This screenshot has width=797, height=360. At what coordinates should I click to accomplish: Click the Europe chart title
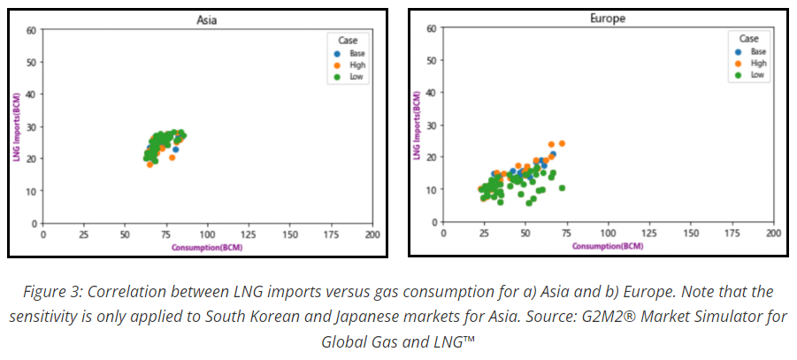(x=606, y=18)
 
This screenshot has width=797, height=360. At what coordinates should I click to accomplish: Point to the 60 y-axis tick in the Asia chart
(x=33, y=30)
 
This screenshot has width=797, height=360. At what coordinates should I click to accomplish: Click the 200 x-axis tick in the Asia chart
(x=372, y=234)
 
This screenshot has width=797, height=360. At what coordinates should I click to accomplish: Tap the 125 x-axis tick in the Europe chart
(x=648, y=233)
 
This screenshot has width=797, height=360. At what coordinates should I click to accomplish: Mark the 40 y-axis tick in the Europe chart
(x=432, y=93)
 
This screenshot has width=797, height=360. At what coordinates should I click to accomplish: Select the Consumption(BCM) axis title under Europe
(x=608, y=245)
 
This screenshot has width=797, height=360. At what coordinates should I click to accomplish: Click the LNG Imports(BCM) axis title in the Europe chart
(x=416, y=126)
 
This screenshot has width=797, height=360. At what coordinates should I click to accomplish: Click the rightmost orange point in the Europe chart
(x=562, y=143)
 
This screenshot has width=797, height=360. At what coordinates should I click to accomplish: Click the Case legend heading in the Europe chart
(x=749, y=39)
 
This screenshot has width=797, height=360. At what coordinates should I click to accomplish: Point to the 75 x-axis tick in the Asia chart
(x=165, y=234)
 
